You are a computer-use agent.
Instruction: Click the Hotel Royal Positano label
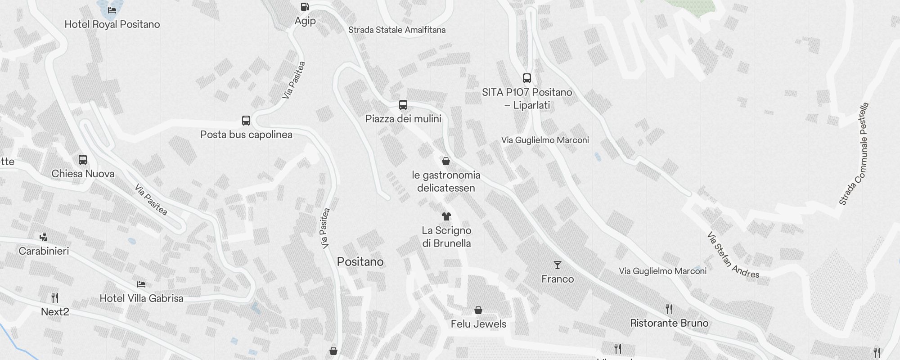pos(112,24)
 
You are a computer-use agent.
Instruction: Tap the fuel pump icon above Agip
pos(305,7)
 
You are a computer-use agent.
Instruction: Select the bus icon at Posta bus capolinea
pos(246,121)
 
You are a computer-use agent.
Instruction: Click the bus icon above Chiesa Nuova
pos(83,160)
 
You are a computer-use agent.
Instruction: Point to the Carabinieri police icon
pos(44,237)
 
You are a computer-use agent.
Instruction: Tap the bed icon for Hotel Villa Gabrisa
pos(141,284)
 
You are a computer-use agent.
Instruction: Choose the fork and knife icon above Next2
pos(55,297)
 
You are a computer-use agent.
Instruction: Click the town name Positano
pos(360,262)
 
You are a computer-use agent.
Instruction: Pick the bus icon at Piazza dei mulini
pos(403,105)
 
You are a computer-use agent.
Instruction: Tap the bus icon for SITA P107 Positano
pos(527,78)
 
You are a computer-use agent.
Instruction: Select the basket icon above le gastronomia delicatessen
pos(446,161)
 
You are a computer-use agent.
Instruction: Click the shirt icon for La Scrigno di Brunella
pos(446,216)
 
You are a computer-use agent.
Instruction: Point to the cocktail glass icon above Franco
pos(558,265)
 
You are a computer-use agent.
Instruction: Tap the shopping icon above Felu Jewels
pos(478,310)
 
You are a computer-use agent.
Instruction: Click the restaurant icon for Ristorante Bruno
pos(669,309)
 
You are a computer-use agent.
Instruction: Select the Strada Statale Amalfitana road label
pos(397,30)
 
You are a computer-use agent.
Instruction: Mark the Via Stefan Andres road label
pos(732,256)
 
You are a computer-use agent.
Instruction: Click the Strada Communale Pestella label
pos(854,154)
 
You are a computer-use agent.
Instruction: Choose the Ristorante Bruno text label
pos(669,323)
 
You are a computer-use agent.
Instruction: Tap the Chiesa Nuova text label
pos(83,174)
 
